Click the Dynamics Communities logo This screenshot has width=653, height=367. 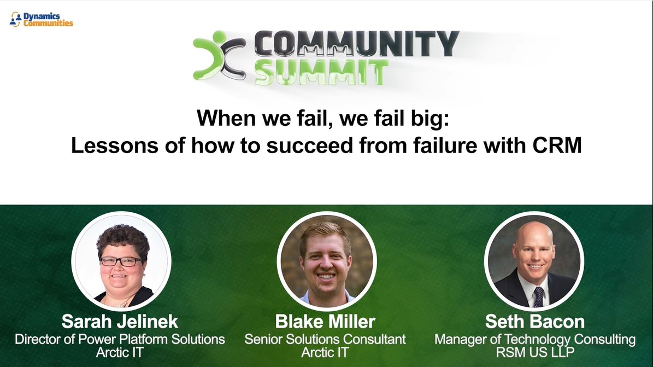(42, 20)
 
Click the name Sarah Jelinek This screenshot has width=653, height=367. (120, 321)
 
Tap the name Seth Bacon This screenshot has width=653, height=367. (534, 321)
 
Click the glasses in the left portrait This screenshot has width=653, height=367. (120, 261)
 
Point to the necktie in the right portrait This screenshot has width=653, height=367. (538, 296)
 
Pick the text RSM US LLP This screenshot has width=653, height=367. (534, 352)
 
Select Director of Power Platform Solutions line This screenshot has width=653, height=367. (120, 339)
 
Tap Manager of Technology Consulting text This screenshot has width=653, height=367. (534, 339)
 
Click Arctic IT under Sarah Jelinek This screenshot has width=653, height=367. (120, 352)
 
